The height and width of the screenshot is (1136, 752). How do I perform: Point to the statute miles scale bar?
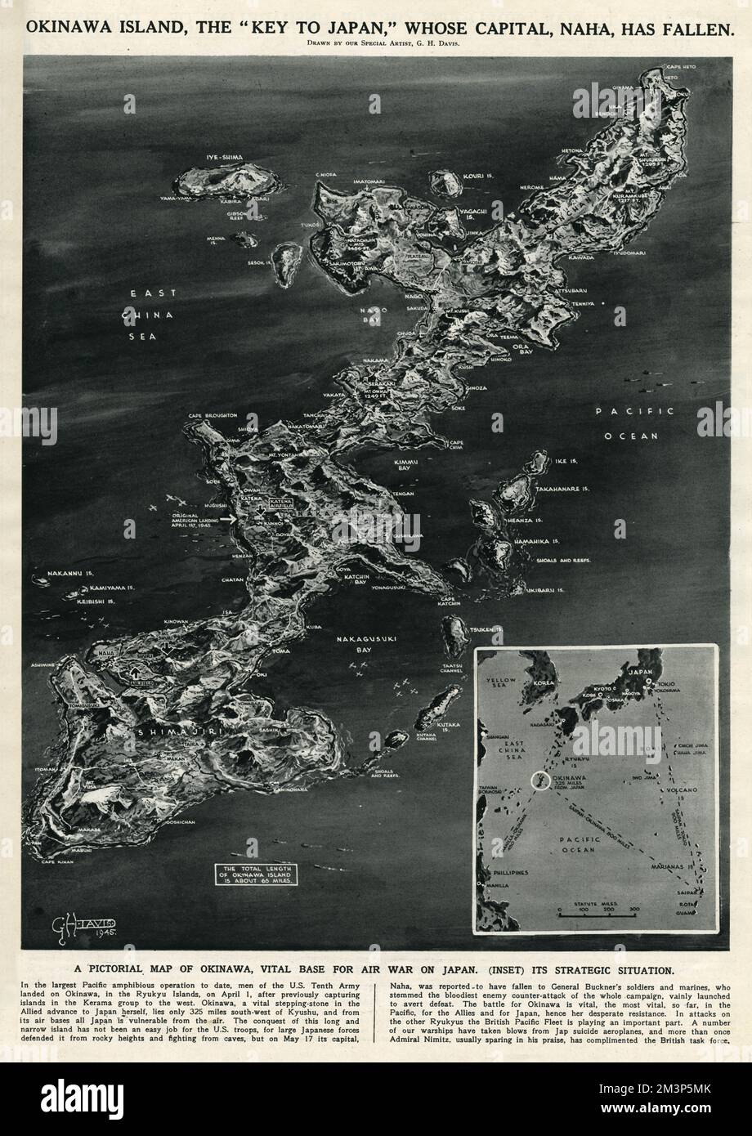click(598, 913)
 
